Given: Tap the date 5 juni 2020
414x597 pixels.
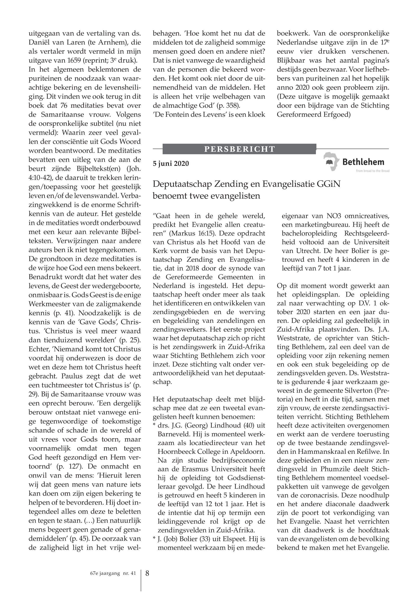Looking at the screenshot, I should coord(171,164).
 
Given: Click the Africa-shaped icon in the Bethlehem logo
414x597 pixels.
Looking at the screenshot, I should coord(331,162).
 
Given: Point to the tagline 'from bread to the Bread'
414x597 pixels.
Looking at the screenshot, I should coord(373,171).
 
